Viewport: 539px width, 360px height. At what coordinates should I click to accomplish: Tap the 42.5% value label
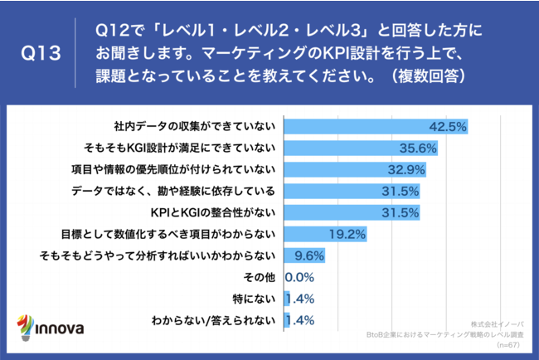coord(449,127)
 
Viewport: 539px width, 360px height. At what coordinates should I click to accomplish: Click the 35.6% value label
coord(419,148)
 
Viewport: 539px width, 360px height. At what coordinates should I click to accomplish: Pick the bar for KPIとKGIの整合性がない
coord(352,213)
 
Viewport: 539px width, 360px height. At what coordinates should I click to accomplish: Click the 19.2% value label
coord(347,234)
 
